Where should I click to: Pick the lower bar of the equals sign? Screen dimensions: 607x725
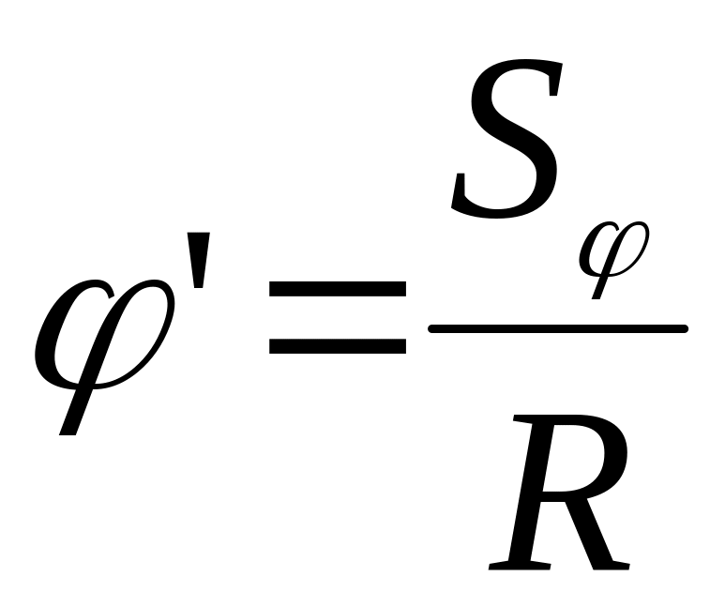pos(337,345)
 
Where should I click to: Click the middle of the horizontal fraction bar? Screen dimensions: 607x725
pos(558,328)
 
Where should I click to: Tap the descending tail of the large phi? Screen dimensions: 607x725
pos(73,413)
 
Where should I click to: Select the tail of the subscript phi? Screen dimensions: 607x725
pos(597,286)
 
